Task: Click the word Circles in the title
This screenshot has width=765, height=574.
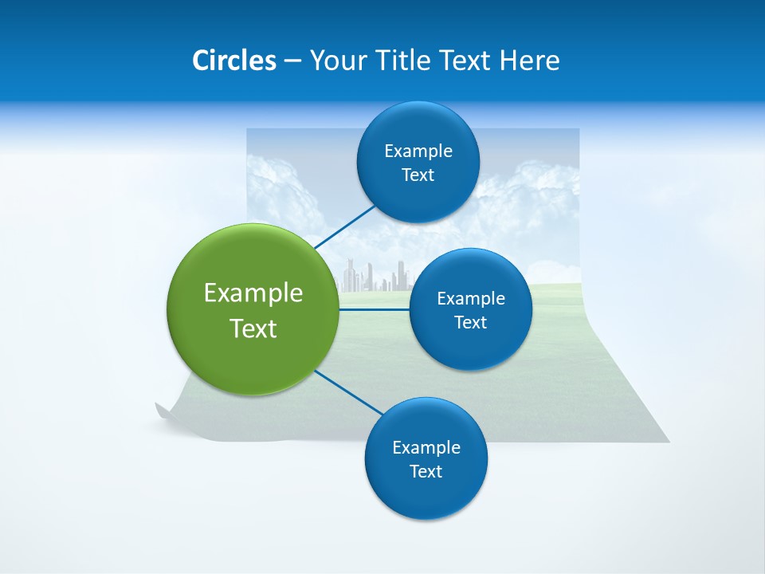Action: pyautogui.click(x=234, y=61)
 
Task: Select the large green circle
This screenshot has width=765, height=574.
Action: pyautogui.click(x=253, y=309)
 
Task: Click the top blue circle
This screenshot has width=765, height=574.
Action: pyautogui.click(x=418, y=163)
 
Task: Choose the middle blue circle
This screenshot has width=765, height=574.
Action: pyautogui.click(x=470, y=309)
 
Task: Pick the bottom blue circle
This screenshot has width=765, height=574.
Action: pyautogui.click(x=426, y=458)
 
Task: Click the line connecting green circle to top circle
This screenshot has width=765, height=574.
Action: pyautogui.click(x=344, y=226)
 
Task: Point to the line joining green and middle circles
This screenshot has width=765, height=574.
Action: pyautogui.click(x=375, y=309)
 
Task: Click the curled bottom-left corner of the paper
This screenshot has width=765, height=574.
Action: pyautogui.click(x=164, y=413)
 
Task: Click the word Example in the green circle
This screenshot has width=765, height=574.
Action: pyautogui.click(x=253, y=293)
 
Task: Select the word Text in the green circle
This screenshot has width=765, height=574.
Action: pyautogui.click(x=253, y=328)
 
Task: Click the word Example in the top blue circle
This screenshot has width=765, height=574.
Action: pyautogui.click(x=418, y=151)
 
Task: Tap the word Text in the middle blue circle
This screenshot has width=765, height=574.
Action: pyautogui.click(x=470, y=322)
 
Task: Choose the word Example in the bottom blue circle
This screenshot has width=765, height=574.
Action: pyautogui.click(x=426, y=447)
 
